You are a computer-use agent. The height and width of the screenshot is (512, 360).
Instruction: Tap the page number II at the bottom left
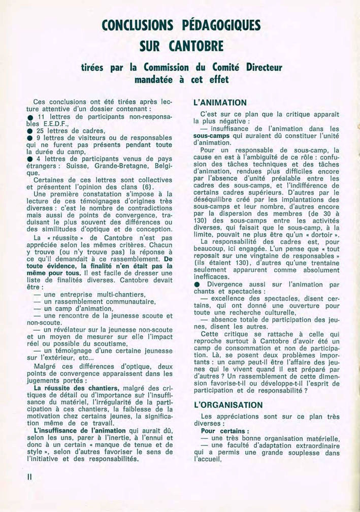click(x=30, y=477)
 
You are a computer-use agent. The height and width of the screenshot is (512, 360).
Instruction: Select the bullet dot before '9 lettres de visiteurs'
click(x=30, y=138)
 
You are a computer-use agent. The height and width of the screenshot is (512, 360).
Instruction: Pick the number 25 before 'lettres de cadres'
click(x=42, y=131)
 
